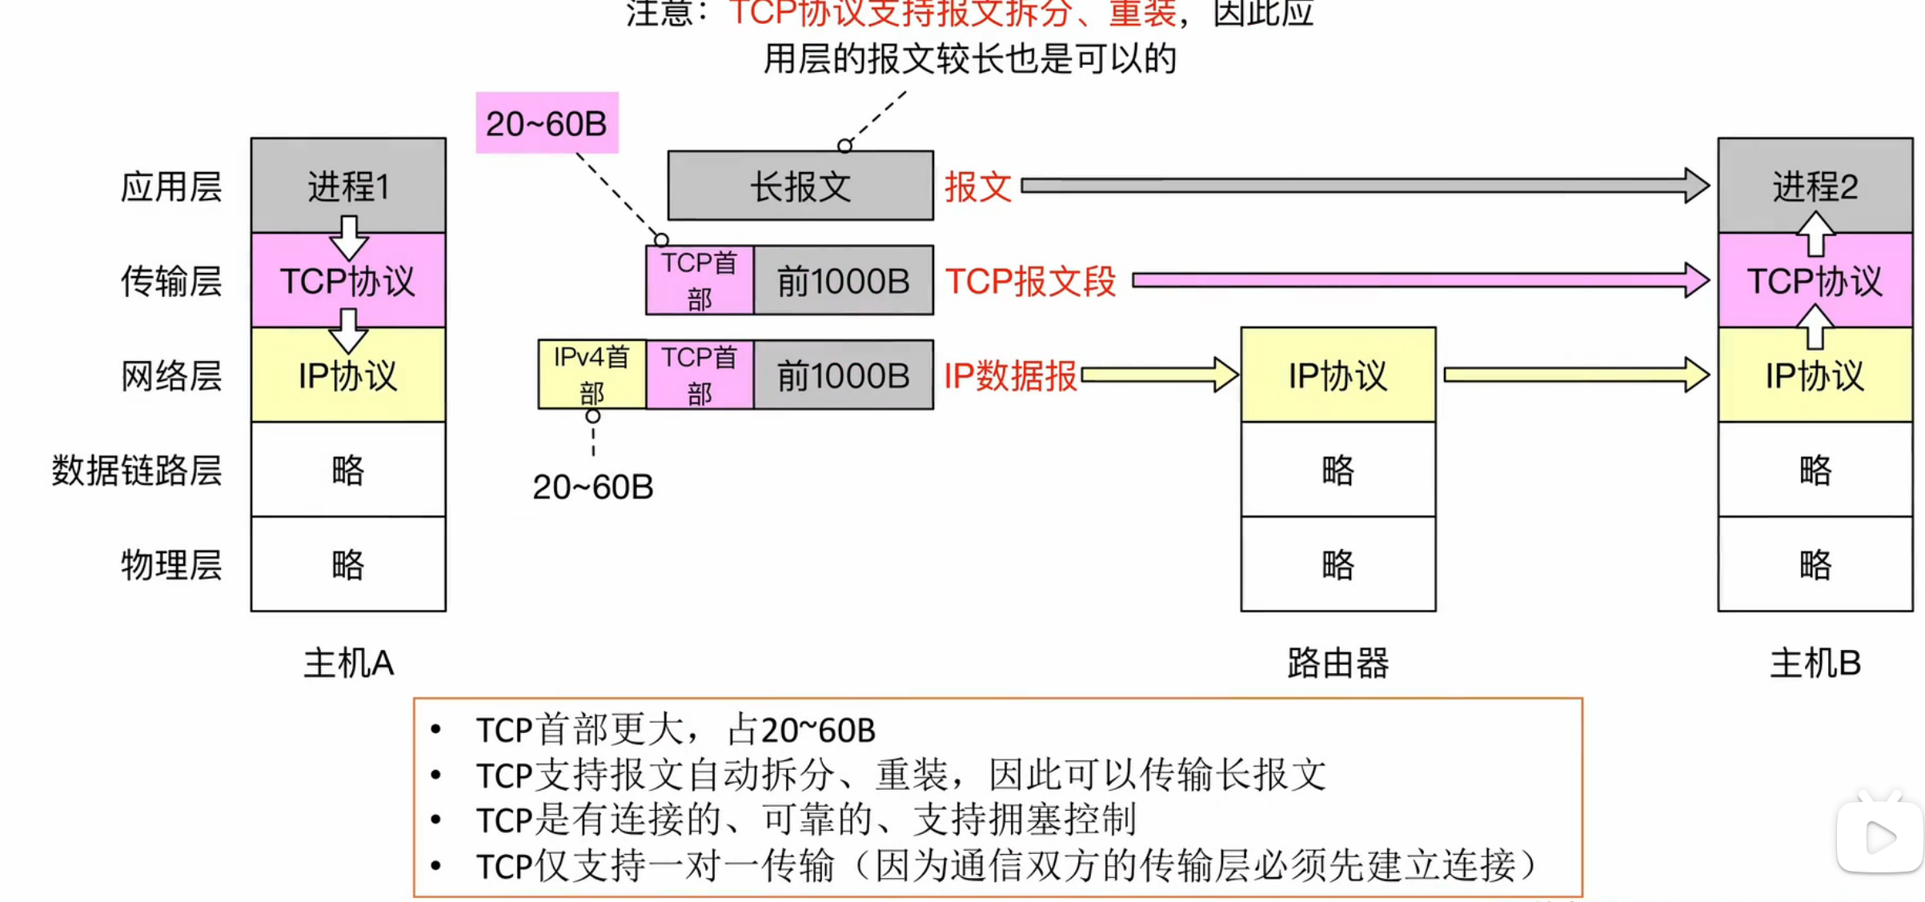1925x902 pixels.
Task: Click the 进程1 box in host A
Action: coord(348,185)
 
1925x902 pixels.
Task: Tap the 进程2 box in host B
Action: coord(1815,185)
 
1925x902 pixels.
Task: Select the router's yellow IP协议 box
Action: coord(1337,375)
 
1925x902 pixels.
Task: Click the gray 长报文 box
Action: coord(800,186)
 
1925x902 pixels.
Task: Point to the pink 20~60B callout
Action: coord(547,122)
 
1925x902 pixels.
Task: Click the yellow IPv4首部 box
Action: coord(592,375)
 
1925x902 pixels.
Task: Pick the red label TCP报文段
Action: coord(1030,281)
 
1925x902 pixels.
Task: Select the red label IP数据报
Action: coord(1010,375)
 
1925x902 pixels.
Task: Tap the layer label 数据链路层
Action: coord(136,470)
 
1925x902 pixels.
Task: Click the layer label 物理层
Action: coord(170,564)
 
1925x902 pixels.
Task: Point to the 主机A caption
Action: coord(348,663)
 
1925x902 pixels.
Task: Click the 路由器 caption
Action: coord(1337,663)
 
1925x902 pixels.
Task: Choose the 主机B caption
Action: coord(1815,663)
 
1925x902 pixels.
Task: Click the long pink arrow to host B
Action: coord(1417,280)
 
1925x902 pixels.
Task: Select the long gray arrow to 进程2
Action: coord(1361,186)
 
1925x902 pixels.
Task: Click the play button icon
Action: coord(1879,838)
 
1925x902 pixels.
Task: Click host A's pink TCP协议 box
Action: coord(348,281)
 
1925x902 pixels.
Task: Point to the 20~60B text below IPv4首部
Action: coord(592,487)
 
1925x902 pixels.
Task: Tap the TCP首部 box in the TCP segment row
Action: coord(699,280)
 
